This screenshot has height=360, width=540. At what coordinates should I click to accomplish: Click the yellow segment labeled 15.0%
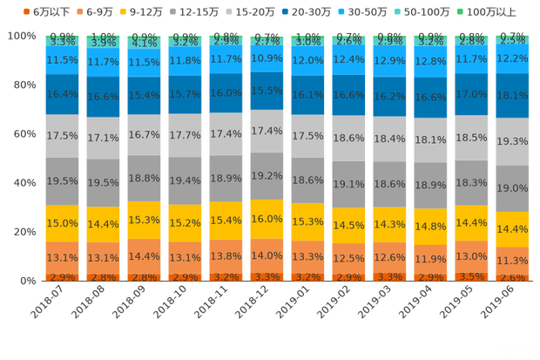point(62,223)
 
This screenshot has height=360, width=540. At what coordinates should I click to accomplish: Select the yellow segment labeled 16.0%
point(267,219)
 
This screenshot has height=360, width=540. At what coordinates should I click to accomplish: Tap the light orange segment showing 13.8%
point(226,256)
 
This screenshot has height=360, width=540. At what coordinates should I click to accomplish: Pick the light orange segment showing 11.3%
point(513,260)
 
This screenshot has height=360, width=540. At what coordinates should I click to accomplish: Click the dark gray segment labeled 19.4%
point(185,180)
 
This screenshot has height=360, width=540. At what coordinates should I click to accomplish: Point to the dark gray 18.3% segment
point(471,183)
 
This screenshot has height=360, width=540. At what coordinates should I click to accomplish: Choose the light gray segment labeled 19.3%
point(513,140)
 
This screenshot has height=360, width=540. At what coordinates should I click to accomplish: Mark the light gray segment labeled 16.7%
point(144,136)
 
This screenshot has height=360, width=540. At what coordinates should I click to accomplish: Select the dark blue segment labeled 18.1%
point(513,96)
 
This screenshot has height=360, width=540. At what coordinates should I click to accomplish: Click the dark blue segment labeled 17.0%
point(471,93)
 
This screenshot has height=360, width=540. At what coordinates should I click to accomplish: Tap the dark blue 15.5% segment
point(267,90)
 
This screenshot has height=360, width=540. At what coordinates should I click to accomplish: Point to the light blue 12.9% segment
point(389,61)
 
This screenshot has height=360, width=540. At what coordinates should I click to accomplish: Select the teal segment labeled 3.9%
point(103,43)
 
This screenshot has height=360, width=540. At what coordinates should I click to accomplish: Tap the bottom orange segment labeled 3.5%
point(471,275)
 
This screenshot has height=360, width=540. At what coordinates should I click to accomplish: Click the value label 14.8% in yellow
point(430,227)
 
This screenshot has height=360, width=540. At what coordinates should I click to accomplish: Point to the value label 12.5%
point(348,258)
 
